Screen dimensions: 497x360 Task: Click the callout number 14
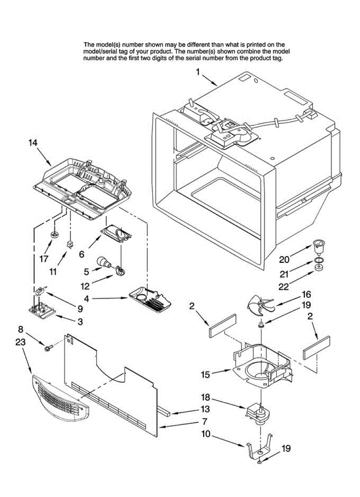click(33, 142)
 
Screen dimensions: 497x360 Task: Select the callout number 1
click(198, 72)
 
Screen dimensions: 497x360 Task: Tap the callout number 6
click(82, 254)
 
